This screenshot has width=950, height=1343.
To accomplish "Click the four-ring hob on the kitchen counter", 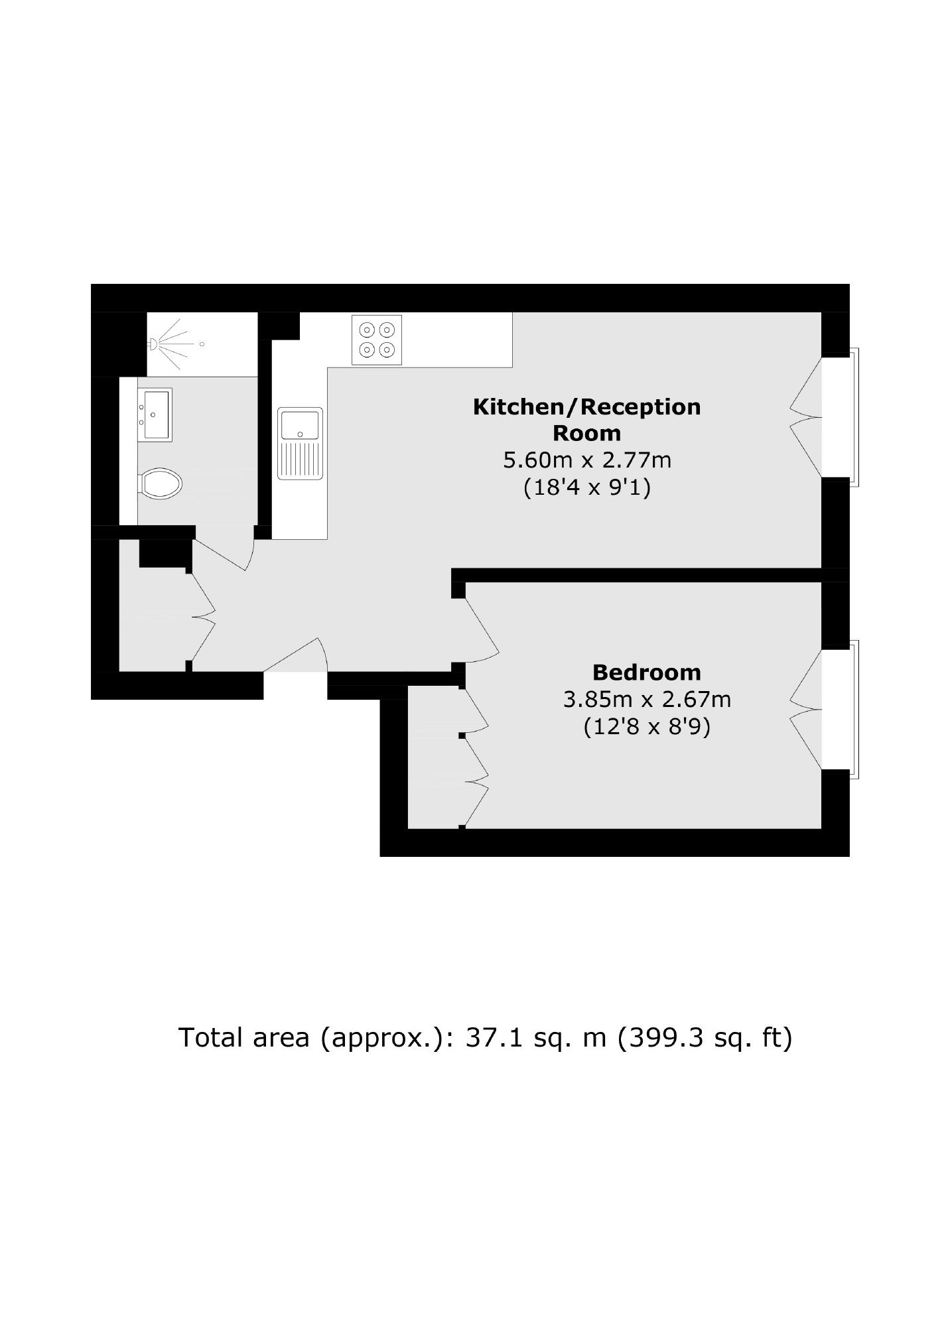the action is coord(376,340).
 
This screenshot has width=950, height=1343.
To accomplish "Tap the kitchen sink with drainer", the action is coord(301,443).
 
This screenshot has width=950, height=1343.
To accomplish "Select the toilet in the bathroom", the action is coord(160,483).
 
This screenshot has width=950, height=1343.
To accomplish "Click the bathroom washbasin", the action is coord(155,415).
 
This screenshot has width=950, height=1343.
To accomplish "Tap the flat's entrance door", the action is coord(296,655).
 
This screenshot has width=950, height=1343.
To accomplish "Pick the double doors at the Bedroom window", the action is coord(806,710).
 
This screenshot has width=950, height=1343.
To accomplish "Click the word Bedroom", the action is coord(646,672).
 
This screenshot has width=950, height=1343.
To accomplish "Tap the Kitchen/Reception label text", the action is coord(586,420).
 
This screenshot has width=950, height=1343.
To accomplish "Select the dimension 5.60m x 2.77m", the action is coord(587,460).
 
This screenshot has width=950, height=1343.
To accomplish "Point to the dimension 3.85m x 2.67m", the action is coord(647,699).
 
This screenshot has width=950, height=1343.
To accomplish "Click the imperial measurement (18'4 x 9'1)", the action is coord(587,488).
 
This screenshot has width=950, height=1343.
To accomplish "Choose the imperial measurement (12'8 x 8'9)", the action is coord(647,728).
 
